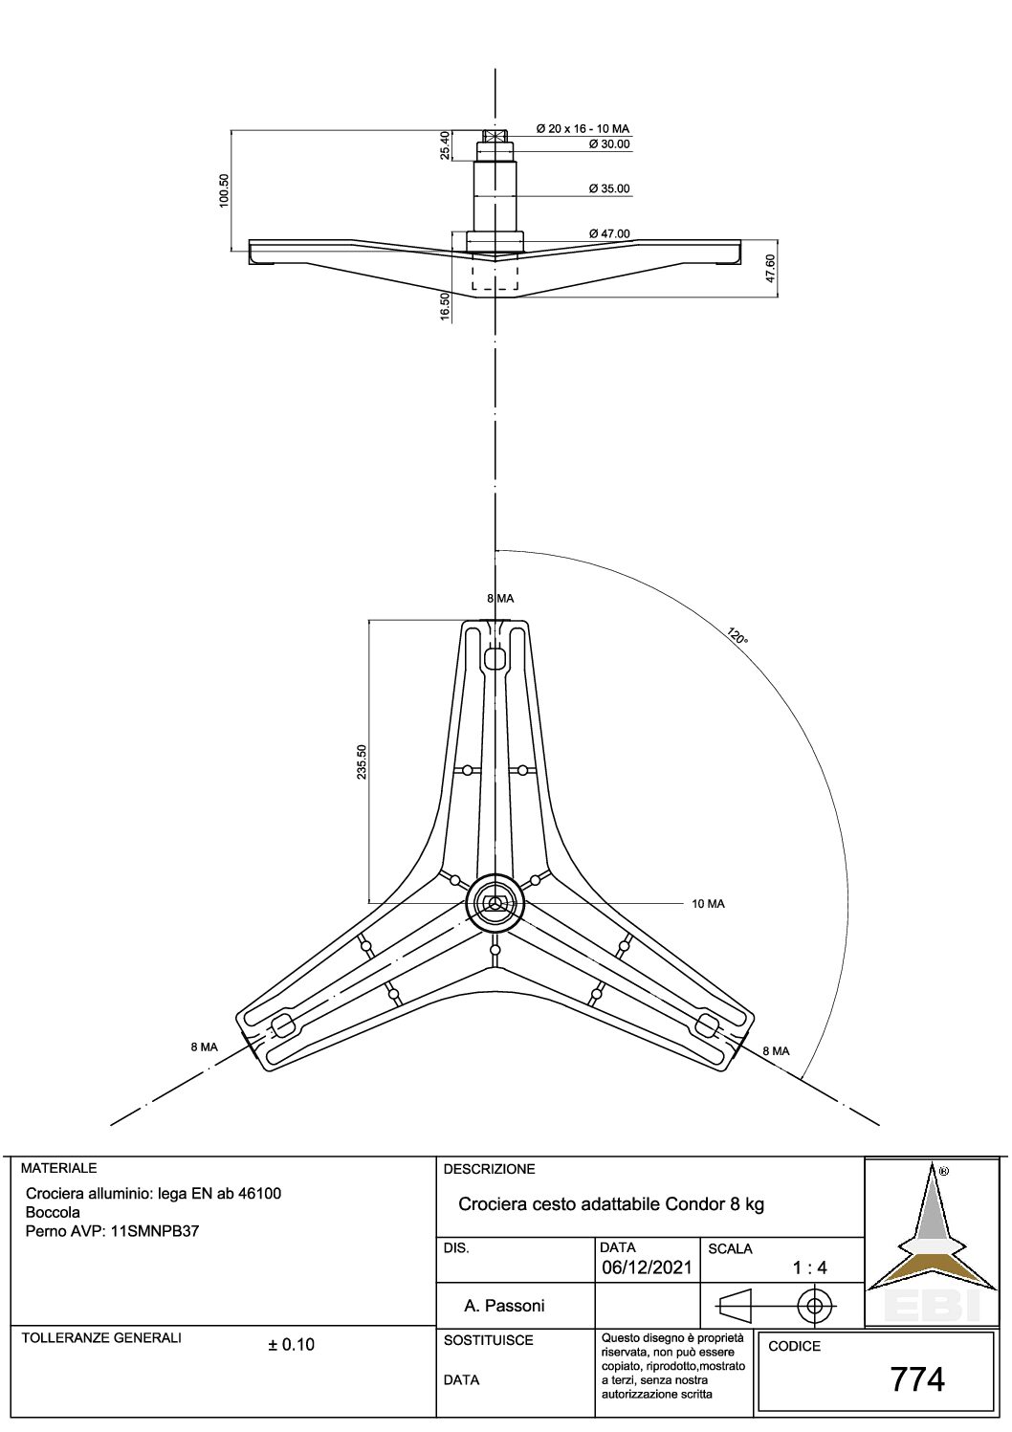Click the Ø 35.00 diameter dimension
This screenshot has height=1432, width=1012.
point(608,188)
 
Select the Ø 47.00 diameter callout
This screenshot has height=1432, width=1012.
point(608,234)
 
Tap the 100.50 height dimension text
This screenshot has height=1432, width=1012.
point(224,190)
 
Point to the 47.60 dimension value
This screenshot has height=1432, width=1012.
point(770,269)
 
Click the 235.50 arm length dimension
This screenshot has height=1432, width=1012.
point(362,761)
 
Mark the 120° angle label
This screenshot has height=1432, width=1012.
point(737,636)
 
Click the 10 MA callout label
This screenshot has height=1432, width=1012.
point(709,904)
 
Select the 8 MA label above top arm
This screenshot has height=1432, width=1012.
point(500,599)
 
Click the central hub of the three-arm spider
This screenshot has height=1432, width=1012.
point(495,902)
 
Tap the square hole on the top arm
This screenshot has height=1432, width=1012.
point(495,658)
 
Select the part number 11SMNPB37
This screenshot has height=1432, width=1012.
point(155,1230)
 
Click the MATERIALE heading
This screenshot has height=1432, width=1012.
point(58,1168)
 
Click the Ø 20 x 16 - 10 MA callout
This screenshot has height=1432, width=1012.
point(583,128)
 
